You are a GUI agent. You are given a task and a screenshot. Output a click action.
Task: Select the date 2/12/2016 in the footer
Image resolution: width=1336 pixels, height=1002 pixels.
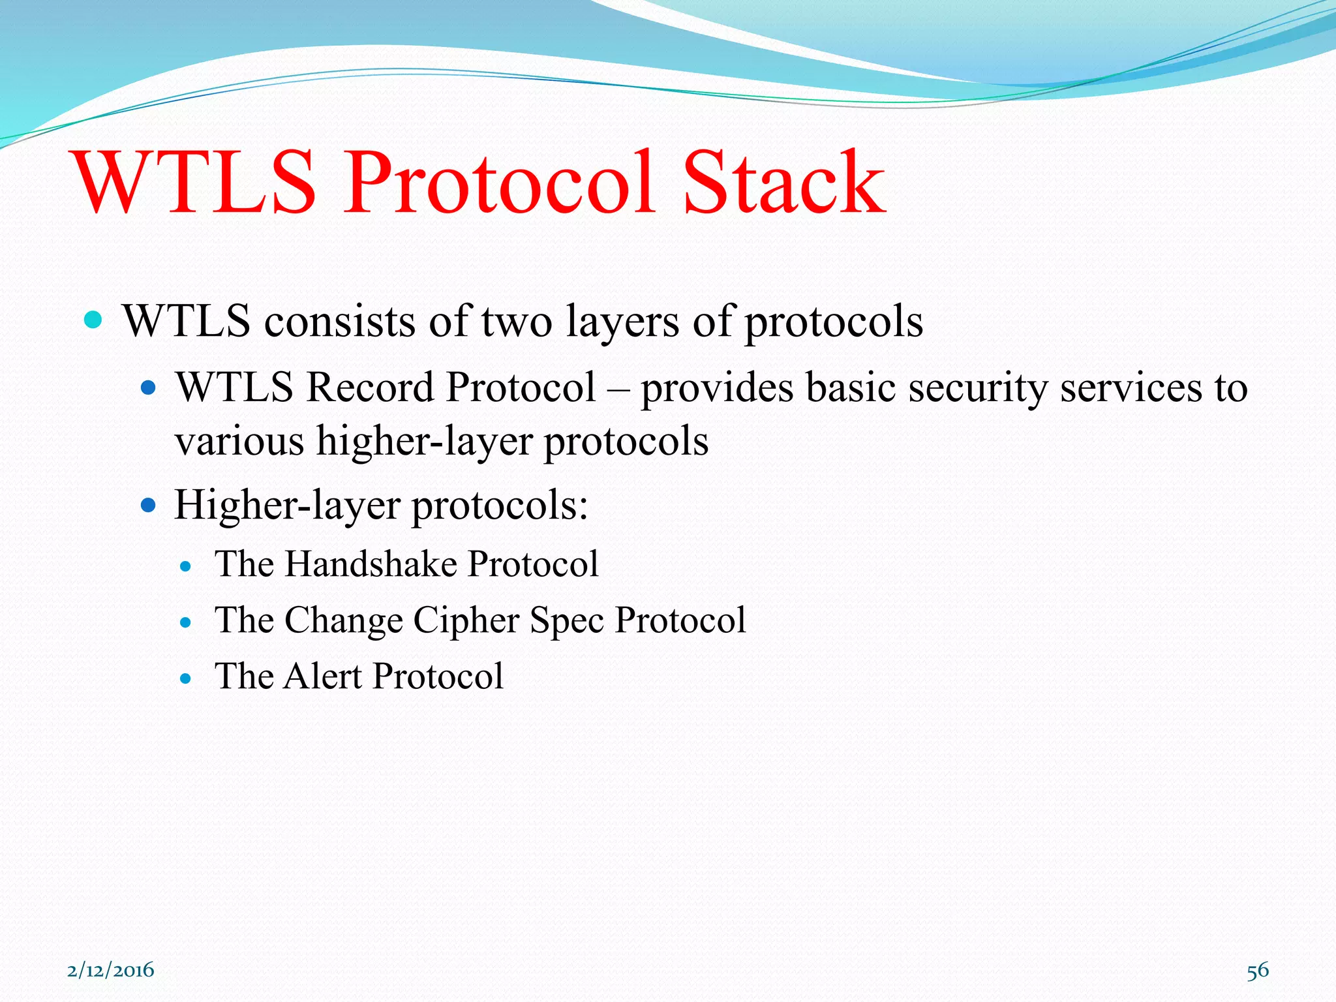coord(111,970)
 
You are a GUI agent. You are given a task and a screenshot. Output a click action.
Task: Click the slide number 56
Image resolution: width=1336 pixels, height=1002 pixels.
coord(1258,970)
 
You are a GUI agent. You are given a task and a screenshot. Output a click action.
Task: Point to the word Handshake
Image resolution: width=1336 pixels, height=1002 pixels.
coord(371,564)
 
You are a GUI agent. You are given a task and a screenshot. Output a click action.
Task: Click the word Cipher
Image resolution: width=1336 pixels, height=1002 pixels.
coord(466,620)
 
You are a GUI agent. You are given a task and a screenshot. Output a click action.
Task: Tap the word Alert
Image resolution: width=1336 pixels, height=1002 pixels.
coord(323,676)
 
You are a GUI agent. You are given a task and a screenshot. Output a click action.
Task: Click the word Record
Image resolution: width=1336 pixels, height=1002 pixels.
coord(370,387)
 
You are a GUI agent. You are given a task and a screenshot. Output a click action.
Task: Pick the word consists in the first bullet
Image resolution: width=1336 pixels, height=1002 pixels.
coord(339,322)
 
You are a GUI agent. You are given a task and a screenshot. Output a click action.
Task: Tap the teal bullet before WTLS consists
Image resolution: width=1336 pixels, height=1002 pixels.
coord(94,320)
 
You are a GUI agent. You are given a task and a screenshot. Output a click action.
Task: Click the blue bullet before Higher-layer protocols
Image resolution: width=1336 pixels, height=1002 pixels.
coord(149,506)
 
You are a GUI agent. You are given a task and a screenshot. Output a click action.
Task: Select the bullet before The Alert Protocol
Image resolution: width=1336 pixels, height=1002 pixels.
coord(186,678)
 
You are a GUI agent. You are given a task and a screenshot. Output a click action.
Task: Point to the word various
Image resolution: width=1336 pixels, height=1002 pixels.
coord(239,442)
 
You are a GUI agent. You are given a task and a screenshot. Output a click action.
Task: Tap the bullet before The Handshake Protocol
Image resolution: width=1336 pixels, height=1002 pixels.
coord(186,566)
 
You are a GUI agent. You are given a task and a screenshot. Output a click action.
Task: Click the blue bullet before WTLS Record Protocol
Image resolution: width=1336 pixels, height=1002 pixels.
coord(149,389)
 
